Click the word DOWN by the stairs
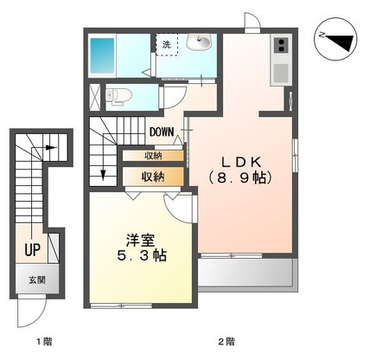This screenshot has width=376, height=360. coord(162,132)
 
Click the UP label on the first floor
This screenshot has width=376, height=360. coord(32,251)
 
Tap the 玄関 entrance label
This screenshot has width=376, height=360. coord(36,280)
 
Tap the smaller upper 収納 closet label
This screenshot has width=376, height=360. coord(153,156)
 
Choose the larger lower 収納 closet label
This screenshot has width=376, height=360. coord(153,176)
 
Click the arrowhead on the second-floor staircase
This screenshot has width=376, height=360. coord(103,176)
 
